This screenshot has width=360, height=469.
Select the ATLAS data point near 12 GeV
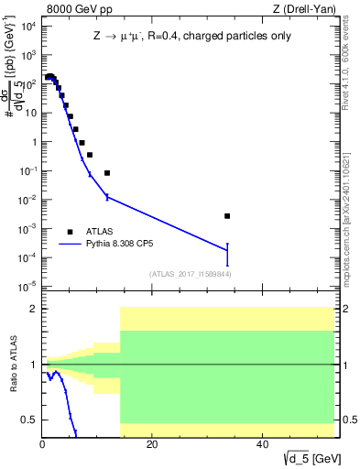(x=107, y=173)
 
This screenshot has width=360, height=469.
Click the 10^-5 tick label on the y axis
(x=28, y=287)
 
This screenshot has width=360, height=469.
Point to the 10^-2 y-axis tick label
(x=28, y=200)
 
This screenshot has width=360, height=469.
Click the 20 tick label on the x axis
(x=152, y=444)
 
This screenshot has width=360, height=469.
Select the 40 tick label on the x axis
(x=262, y=444)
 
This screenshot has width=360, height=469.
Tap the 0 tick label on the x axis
(x=42, y=444)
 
